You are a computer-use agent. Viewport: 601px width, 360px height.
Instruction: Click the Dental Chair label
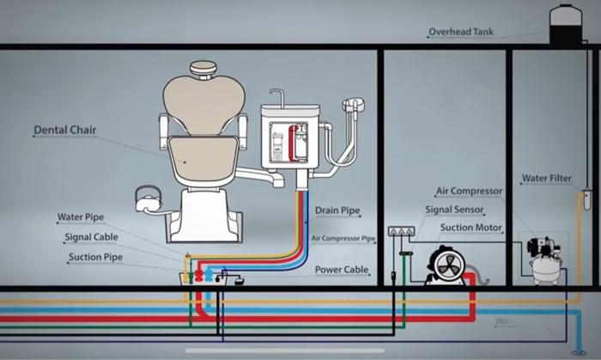click(64, 131)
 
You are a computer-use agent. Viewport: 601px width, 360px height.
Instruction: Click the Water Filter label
click(547, 179)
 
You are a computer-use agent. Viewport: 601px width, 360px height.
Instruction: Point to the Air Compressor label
click(468, 192)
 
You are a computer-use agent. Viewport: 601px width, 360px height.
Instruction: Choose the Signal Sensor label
click(455, 210)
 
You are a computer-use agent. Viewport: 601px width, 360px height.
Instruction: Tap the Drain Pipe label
click(337, 210)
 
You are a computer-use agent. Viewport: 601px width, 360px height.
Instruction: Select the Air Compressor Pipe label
click(343, 238)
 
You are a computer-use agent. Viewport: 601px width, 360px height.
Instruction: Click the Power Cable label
click(342, 270)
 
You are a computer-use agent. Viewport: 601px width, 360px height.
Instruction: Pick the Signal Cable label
click(90, 237)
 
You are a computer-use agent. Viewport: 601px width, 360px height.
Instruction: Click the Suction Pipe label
click(95, 257)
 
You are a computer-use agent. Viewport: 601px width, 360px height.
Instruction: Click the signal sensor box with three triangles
click(401, 231)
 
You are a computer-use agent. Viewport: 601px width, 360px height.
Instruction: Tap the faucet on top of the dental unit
click(276, 96)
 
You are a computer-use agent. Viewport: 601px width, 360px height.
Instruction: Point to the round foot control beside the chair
click(147, 200)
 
